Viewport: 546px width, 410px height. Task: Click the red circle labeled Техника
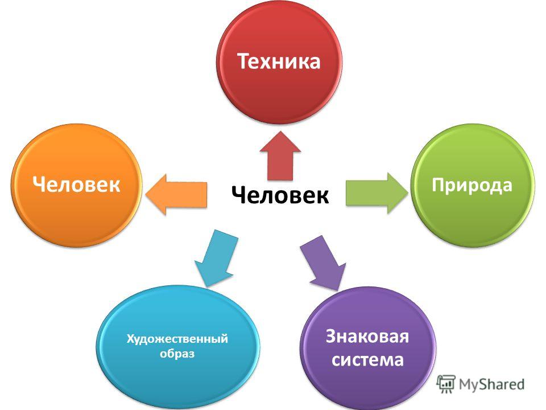(x=279, y=61)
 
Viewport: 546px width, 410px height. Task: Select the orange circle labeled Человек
(x=77, y=186)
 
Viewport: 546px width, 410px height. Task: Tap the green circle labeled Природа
(x=473, y=186)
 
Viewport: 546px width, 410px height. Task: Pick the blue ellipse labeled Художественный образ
(x=178, y=347)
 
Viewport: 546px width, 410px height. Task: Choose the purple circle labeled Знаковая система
(x=368, y=348)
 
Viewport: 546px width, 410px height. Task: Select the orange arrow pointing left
(x=176, y=194)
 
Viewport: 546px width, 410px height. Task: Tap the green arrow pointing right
(x=377, y=193)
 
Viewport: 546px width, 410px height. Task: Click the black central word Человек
(x=280, y=195)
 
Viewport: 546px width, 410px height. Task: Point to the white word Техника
(x=279, y=61)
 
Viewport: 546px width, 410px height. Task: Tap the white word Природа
(x=472, y=186)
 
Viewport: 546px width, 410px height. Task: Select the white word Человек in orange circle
(x=77, y=184)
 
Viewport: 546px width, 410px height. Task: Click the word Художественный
(x=177, y=338)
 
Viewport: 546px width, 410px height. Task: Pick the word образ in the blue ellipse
(x=177, y=354)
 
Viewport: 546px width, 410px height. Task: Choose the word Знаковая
(x=367, y=337)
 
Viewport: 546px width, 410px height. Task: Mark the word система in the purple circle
(x=368, y=360)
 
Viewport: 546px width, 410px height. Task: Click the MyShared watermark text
(x=491, y=384)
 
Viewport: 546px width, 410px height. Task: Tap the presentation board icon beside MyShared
(x=446, y=384)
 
